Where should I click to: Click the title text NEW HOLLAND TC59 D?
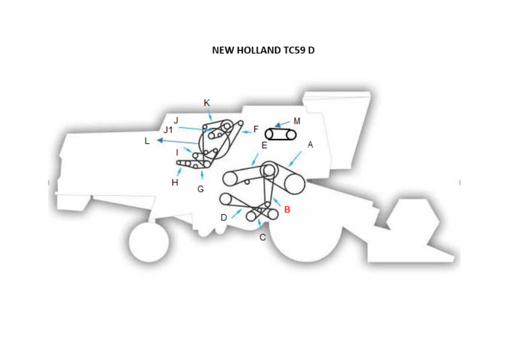pos(263,50)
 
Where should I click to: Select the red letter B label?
pos(287,209)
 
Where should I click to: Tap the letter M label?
pos(297,121)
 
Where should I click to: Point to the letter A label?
pos(311,144)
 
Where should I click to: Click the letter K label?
pos(206,103)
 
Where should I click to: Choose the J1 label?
pos(168,129)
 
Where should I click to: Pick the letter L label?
pos(147,141)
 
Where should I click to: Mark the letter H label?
pos(174,183)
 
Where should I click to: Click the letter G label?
pos(201,189)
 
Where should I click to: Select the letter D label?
pos(223,217)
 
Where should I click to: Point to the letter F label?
pos(256,129)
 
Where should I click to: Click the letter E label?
pos(264,145)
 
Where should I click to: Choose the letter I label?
pos(177,152)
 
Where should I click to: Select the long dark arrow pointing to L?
pos(178,142)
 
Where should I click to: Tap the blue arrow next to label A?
pos(296,159)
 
